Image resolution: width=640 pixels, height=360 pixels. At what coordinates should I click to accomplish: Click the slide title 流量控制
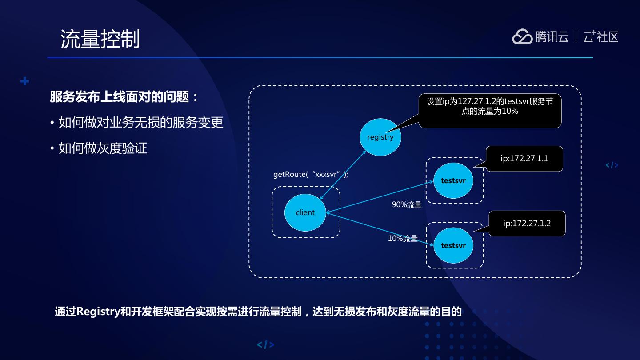(100, 39)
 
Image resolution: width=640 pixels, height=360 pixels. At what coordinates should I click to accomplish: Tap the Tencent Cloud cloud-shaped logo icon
(522, 37)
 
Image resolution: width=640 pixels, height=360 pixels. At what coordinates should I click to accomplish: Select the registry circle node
(380, 137)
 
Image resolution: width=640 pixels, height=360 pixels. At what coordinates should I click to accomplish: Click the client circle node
(305, 212)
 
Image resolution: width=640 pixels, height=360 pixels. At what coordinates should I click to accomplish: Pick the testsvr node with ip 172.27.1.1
(453, 181)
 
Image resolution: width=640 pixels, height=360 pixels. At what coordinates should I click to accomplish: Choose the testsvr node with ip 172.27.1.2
(453, 245)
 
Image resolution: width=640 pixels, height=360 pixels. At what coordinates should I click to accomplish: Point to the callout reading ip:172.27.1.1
(524, 159)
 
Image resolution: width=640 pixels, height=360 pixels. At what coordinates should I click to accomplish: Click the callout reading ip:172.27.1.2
(527, 224)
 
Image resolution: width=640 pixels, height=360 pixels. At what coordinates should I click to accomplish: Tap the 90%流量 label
(407, 205)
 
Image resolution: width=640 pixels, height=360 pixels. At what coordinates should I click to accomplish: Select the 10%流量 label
(403, 239)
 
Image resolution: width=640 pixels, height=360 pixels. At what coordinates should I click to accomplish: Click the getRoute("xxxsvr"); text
(311, 175)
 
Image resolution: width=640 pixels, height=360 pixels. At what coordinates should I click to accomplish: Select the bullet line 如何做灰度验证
(103, 148)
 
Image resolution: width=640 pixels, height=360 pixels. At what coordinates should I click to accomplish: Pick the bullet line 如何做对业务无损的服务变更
(141, 123)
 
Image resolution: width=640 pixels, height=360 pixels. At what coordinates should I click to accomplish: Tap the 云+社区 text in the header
(600, 37)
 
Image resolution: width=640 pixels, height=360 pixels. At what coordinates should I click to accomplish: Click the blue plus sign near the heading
(25, 81)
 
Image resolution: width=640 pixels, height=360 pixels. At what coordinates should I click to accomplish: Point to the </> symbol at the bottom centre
(265, 344)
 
